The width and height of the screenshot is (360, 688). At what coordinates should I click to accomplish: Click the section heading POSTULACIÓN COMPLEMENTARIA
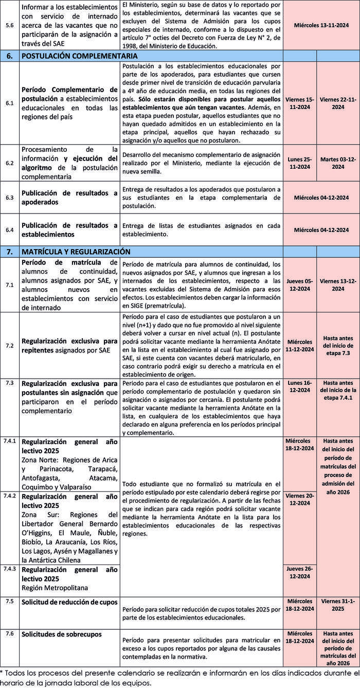click(80, 56)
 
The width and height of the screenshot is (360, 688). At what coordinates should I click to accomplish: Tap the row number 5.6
click(10, 25)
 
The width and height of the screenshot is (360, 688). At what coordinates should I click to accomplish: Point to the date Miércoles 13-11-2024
click(321, 25)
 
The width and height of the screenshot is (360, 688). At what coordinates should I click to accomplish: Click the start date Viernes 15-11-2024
click(300, 103)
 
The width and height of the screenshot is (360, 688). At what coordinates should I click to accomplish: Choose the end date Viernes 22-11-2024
click(338, 103)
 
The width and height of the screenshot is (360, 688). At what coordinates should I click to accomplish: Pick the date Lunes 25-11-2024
click(300, 163)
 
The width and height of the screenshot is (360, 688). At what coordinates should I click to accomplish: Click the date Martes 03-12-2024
click(338, 163)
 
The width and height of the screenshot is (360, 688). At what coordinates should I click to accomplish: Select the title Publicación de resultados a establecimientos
click(69, 230)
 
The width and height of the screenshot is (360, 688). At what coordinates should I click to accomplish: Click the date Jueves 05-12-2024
click(300, 285)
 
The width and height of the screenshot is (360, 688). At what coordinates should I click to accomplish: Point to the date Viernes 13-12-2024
click(338, 285)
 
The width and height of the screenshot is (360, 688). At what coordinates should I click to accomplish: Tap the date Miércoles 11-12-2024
click(300, 345)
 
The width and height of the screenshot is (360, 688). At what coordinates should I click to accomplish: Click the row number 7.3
click(10, 383)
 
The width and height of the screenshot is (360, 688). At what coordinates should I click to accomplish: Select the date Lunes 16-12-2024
click(300, 386)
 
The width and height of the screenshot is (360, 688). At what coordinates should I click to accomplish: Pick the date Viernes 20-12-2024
click(300, 499)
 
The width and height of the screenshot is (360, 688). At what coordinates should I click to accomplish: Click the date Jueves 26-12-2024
click(300, 572)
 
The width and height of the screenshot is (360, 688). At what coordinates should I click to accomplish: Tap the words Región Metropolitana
click(55, 588)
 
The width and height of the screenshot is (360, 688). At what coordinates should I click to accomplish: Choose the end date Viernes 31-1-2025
click(338, 605)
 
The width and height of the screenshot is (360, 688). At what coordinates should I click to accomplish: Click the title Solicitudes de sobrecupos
click(62, 634)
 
